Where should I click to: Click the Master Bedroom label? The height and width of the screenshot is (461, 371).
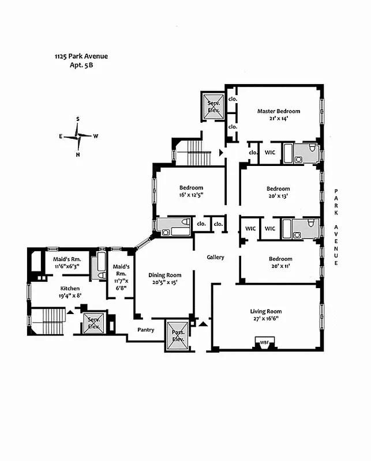pos(279,111)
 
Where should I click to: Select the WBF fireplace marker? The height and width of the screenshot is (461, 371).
pos(264,342)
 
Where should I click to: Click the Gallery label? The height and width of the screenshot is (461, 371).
pos(215,257)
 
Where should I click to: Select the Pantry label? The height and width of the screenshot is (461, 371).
pos(145,330)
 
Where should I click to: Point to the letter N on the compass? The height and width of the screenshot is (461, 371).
pos(77,154)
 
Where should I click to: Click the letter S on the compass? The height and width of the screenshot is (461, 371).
pos(77,119)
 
